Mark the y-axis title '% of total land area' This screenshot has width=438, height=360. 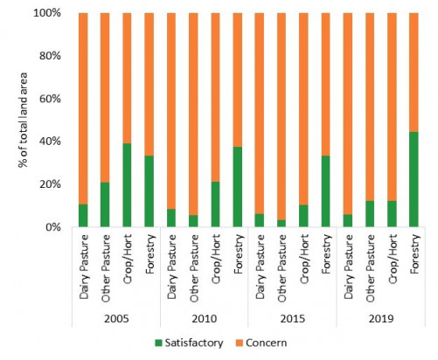click(18, 120)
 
